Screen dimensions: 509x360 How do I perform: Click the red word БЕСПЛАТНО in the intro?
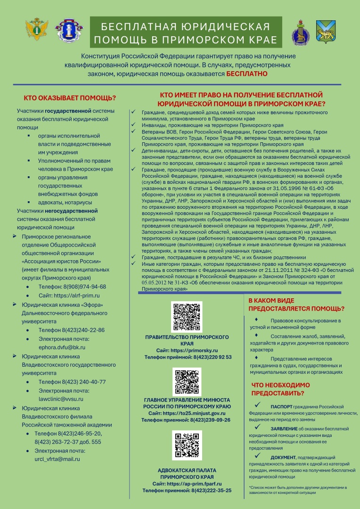(247, 74)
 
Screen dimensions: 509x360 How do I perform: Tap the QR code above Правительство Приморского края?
(187, 317)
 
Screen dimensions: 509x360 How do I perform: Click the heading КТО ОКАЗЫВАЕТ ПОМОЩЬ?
(70, 98)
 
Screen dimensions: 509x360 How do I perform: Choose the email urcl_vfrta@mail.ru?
(57, 459)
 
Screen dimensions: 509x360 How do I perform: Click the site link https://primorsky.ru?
(195, 351)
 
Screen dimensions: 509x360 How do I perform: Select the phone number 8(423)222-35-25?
(212, 490)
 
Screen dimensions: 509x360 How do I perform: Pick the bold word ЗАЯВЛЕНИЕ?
(284, 429)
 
